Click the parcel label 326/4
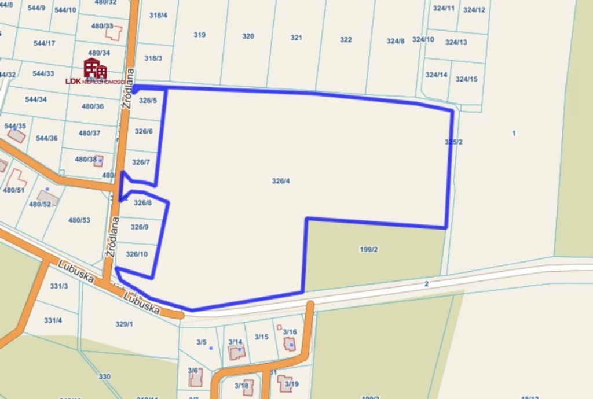point(280,181)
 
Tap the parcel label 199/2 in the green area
point(368,250)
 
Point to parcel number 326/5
point(146,101)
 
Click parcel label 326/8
point(142,203)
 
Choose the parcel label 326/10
point(137,254)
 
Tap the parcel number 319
point(199,35)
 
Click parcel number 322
point(346,40)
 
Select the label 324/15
point(466,79)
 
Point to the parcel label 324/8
point(396,41)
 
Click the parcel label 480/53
point(79,220)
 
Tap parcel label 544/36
point(46,138)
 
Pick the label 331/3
point(59,286)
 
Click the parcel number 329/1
point(124,324)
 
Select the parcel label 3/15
point(261,337)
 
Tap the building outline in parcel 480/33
point(114,33)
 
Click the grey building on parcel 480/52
point(48,198)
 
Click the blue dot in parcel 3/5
point(211,348)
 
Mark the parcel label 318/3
point(153,58)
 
